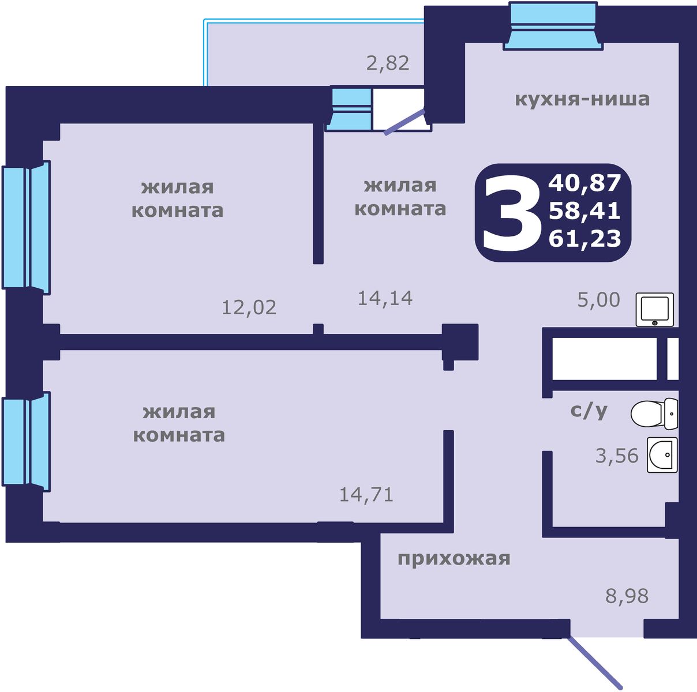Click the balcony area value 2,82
388,62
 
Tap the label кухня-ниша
582,99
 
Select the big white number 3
508,213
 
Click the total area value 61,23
584,238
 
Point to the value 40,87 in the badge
584,183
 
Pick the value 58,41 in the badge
584,211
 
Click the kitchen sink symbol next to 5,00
655,310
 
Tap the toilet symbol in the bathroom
654,413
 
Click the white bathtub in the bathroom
605,359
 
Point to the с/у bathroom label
589,411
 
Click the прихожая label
454,558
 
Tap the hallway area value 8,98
627,596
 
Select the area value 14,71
366,494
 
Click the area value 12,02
249,307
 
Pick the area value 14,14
385,298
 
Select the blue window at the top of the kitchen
552,26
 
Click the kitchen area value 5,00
599,300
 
